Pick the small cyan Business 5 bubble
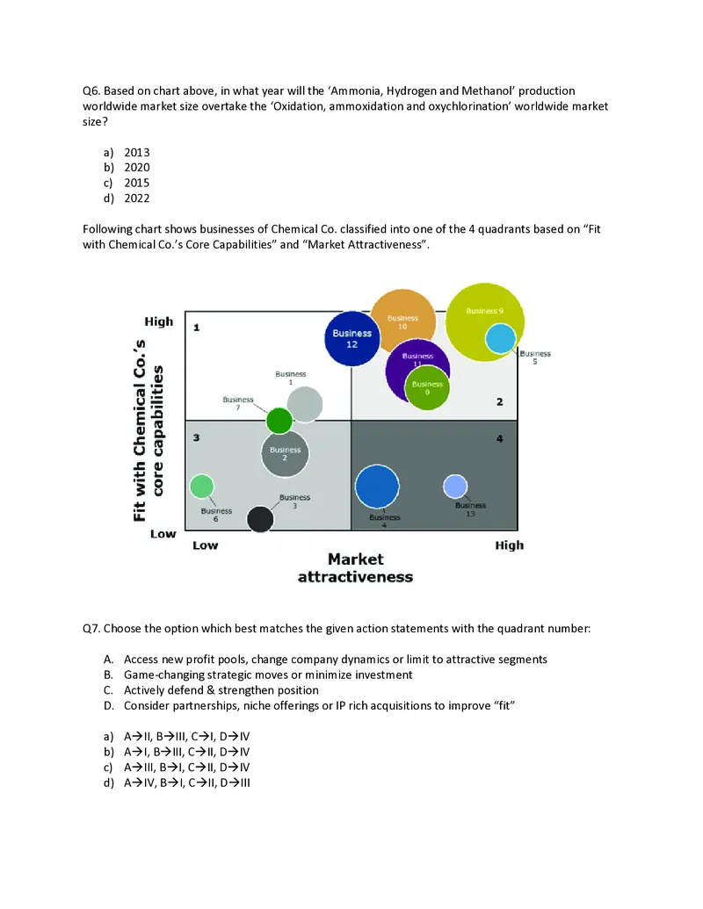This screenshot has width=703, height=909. coord(501,339)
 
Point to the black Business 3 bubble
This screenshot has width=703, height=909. coord(260,519)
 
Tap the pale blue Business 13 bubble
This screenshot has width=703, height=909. coord(455,486)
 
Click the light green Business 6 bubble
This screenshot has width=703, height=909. coord(202,486)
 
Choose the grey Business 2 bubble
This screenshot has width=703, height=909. coord(285,454)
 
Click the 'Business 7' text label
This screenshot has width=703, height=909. coord(237,403)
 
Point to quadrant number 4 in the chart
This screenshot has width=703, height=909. coord(499,438)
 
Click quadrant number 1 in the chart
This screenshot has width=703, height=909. coord(197,328)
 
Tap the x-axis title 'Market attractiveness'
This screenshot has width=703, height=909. coord(355,567)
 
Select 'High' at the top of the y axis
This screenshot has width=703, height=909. coord(159,321)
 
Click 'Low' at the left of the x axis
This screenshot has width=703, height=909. coord(205,545)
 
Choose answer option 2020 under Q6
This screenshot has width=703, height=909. coord(136,167)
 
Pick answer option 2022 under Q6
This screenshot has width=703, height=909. coord(136,198)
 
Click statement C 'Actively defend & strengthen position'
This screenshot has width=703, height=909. coord(221,690)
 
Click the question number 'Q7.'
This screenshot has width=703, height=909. coord(92,629)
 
